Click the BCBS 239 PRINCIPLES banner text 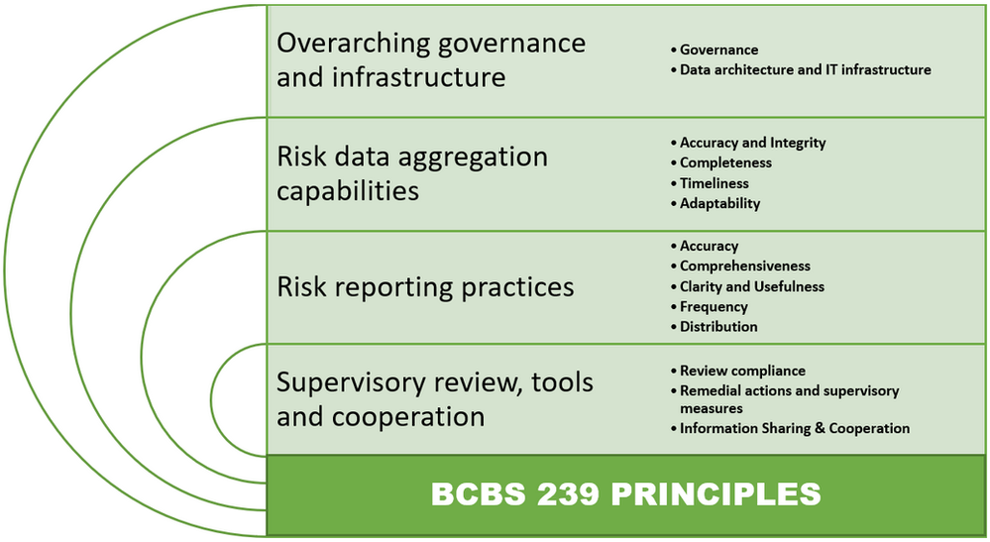pos(625,493)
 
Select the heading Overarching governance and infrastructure pos(430,60)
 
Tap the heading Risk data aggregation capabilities pos(411,173)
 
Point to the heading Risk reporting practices pos(425,287)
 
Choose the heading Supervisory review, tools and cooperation pos(434,398)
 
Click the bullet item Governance pos(718,50)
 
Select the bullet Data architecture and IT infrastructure pos(805,70)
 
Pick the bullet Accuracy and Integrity pos(752,143)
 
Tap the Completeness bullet pos(725,163)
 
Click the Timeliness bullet pos(714,183)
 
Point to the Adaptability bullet pos(719,203)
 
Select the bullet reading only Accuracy pos(709,246)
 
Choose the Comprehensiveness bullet pos(744,266)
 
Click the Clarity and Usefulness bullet pos(751,286)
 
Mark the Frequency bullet pos(714,307)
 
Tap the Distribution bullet pos(718,327)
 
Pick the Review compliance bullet pos(742,371)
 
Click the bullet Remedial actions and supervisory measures pos(789,399)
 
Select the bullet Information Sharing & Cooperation pos(794,429)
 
